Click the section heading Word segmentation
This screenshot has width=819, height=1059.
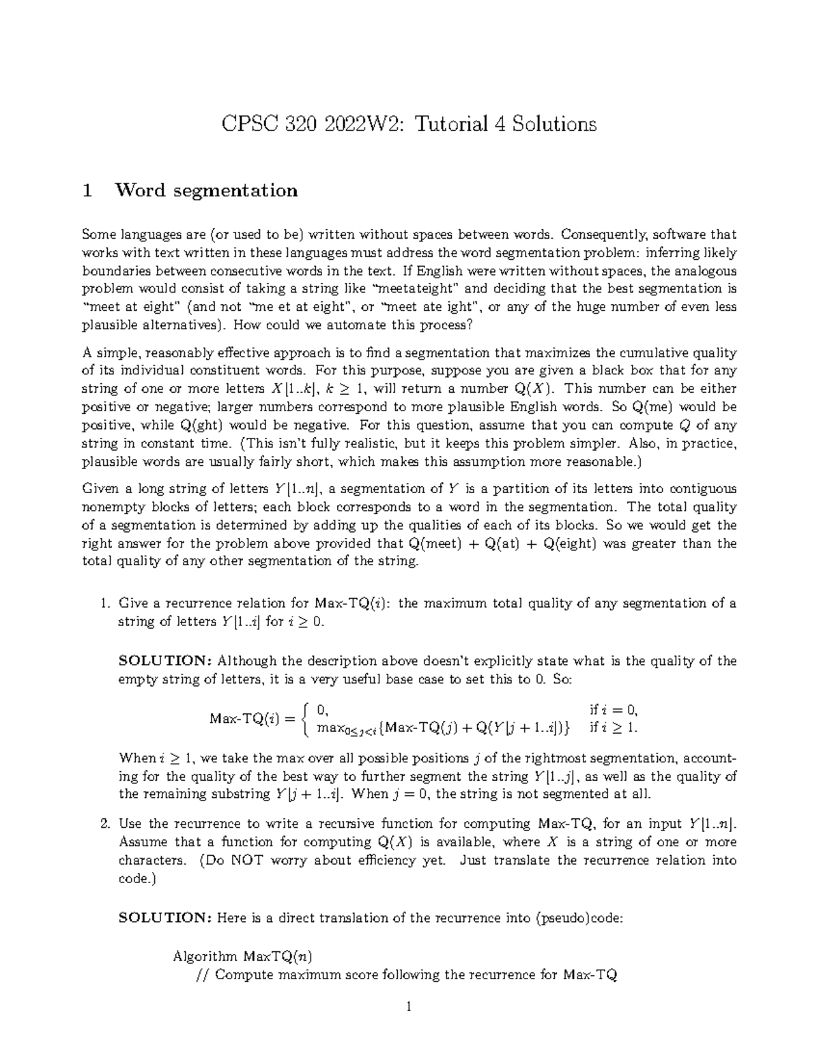coord(206,190)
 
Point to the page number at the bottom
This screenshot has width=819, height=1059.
coord(408,1006)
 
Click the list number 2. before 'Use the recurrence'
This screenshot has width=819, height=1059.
coord(105,824)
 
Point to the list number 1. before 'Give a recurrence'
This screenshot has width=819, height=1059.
coord(105,603)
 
